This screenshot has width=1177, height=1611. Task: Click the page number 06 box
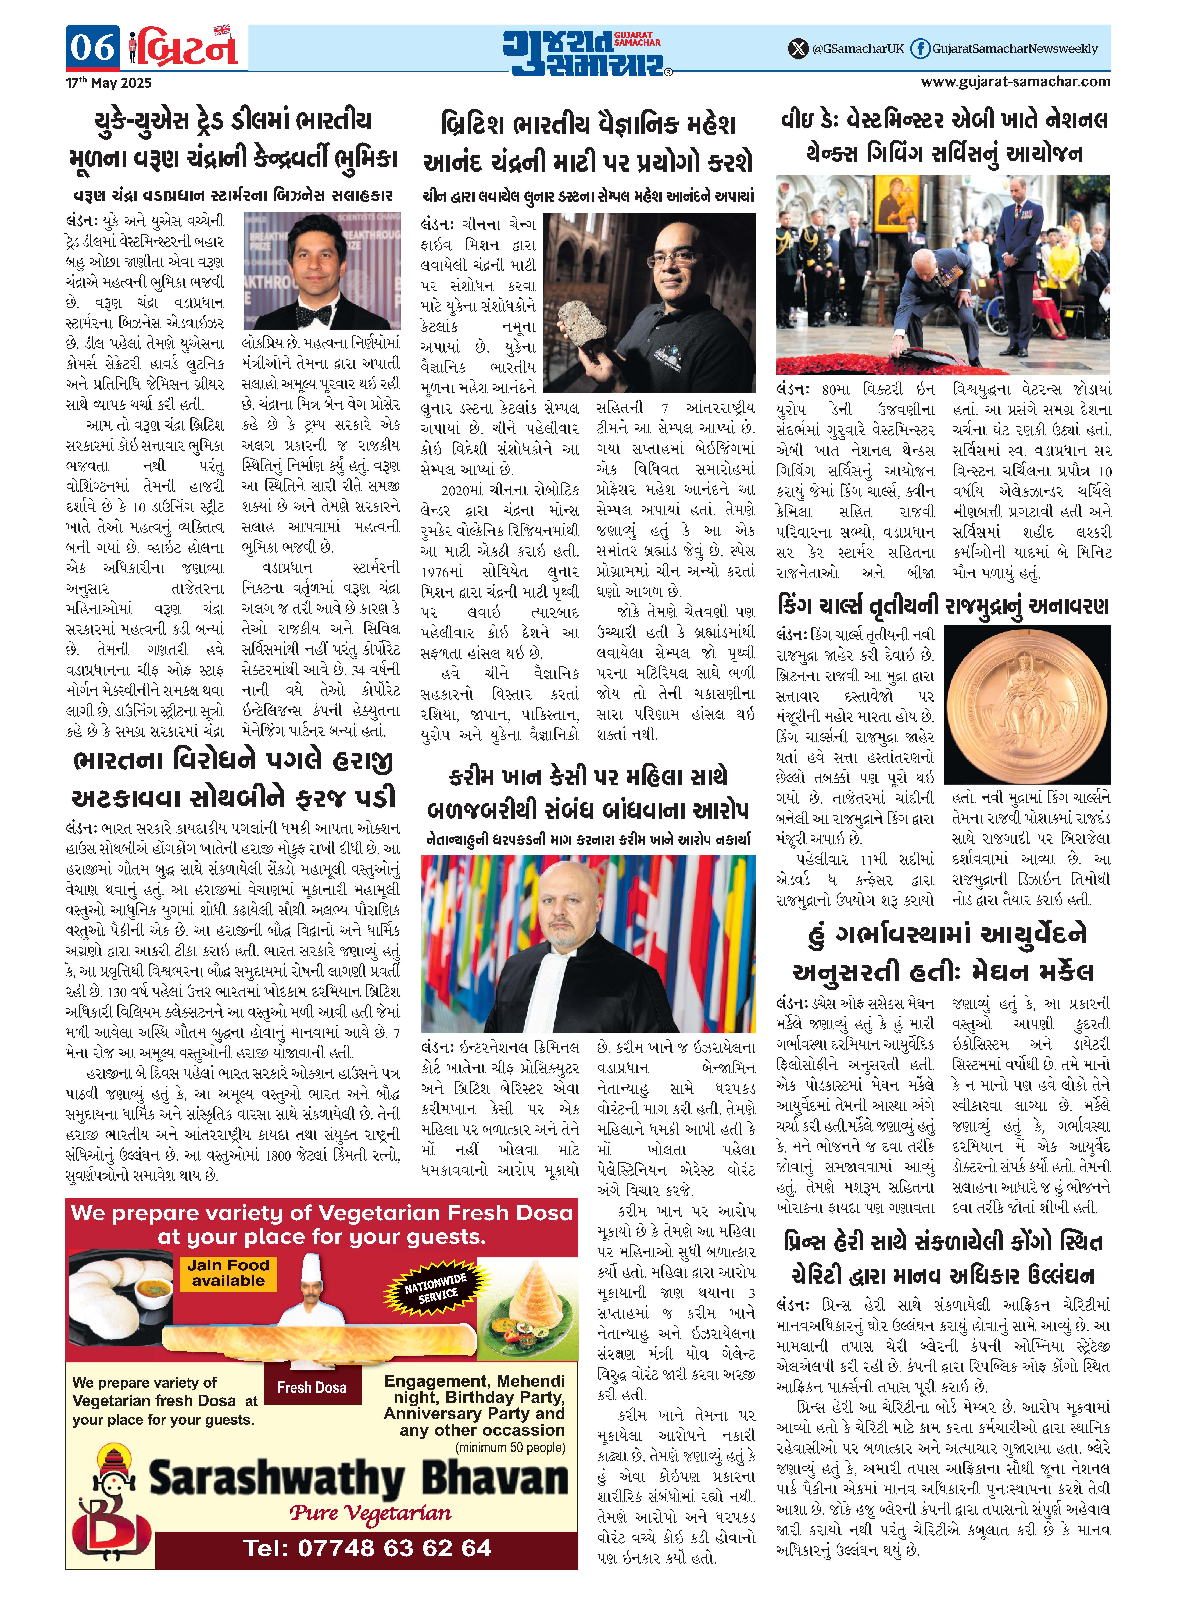(93, 48)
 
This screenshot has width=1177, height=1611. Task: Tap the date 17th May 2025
(109, 83)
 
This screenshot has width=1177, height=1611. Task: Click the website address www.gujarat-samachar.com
(1015, 81)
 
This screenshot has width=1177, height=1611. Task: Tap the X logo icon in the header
(798, 48)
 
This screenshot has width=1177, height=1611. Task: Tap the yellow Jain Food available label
(228, 1272)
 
